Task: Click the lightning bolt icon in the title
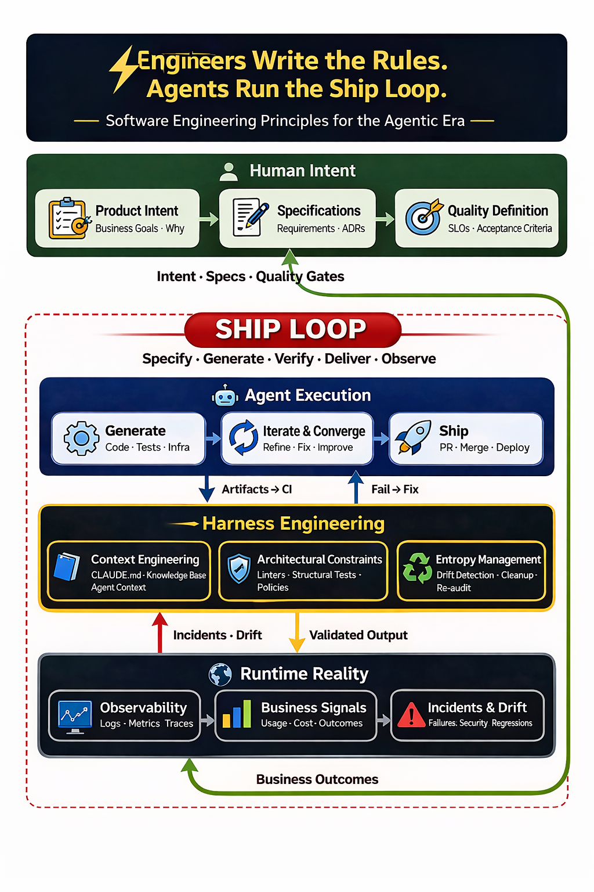pyautogui.click(x=123, y=69)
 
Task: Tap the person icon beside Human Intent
pyautogui.click(x=229, y=171)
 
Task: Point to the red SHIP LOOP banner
pyautogui.click(x=292, y=329)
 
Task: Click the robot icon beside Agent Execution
pyautogui.click(x=225, y=396)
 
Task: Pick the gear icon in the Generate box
pyautogui.click(x=81, y=438)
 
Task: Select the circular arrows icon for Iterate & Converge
pyautogui.click(x=244, y=437)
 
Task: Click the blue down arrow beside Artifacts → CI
pyautogui.click(x=207, y=488)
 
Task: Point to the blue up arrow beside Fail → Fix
pyautogui.click(x=356, y=487)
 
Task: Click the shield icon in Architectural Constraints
pyautogui.click(x=238, y=569)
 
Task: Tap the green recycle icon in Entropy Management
pyautogui.click(x=417, y=567)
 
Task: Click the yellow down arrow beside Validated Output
pyautogui.click(x=297, y=633)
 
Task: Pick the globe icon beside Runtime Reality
pyautogui.click(x=220, y=674)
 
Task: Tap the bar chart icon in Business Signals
pyautogui.click(x=237, y=714)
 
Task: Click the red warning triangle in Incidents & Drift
pyautogui.click(x=411, y=714)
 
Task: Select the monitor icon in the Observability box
pyautogui.click(x=75, y=716)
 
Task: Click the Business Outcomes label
pyautogui.click(x=317, y=779)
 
